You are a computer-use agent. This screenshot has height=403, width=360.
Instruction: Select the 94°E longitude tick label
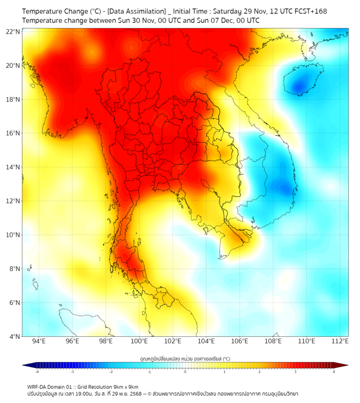(x=39, y=341)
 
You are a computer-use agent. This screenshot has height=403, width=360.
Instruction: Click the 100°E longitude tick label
(x=139, y=341)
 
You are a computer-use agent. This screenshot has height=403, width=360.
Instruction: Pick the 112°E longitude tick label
(x=340, y=341)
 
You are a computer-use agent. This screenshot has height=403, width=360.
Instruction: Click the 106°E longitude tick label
(x=240, y=341)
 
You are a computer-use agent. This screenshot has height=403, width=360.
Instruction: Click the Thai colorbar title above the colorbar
(x=185, y=358)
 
